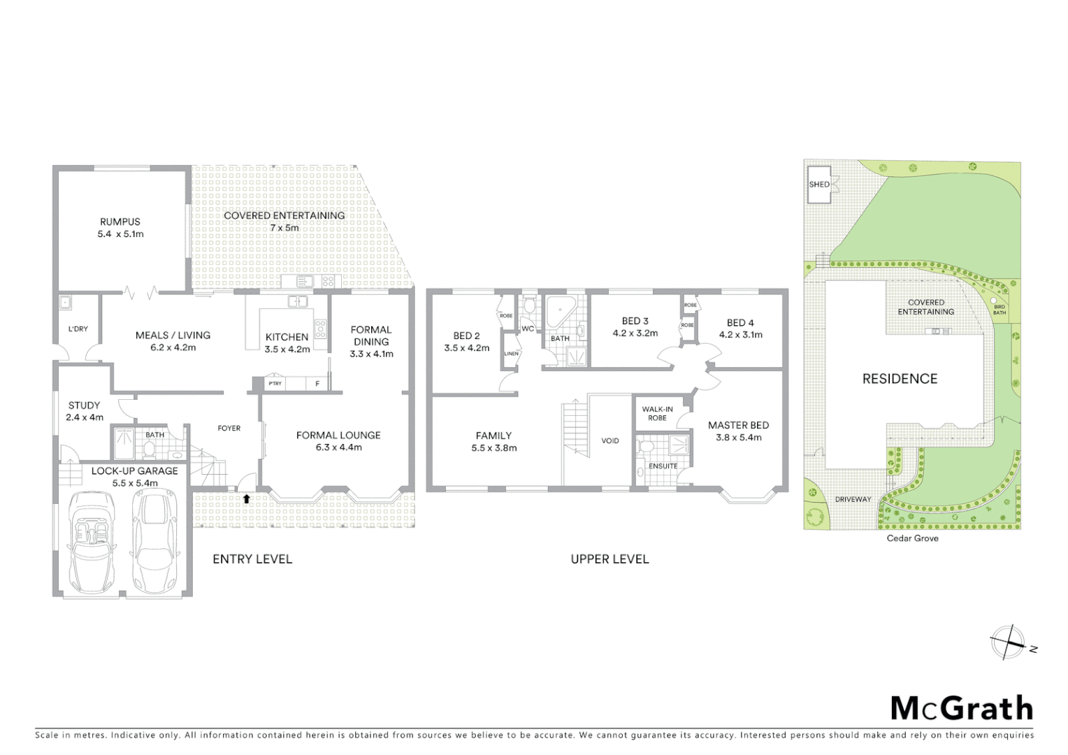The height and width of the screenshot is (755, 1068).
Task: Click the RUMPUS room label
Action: pos(120,222)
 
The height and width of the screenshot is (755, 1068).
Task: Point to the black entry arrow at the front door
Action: pos(246,498)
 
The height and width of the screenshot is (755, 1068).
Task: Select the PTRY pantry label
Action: pos(275,384)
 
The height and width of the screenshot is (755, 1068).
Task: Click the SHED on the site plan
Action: pos(819,185)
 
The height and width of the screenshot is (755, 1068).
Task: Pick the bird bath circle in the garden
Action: pos(994,301)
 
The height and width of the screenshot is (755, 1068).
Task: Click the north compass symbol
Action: pos(1007,642)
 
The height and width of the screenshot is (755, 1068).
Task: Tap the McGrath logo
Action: pos(962,708)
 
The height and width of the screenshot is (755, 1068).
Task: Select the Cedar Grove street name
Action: pos(912,538)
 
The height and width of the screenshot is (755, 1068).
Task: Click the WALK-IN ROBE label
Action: pos(657,413)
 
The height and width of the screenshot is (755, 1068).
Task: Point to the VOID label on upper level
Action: pos(609,440)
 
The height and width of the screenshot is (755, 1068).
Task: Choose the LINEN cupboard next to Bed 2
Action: pos(511,354)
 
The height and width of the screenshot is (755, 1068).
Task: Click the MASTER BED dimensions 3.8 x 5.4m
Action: pos(738,438)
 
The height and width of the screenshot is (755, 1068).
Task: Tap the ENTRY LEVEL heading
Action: pos(252,559)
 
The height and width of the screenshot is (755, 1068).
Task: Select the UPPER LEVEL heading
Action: pos(609,559)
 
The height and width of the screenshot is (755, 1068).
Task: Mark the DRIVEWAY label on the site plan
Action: pos(853,499)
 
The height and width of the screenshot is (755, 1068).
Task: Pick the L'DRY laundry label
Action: pos(78,329)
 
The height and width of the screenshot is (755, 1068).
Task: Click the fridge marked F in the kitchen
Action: pos(317,384)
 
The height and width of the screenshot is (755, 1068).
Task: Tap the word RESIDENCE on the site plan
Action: pos(900,379)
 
